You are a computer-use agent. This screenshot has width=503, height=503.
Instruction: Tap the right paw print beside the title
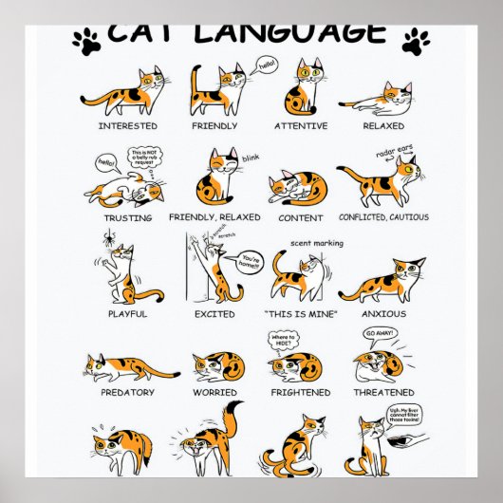pyautogui.click(x=416, y=42)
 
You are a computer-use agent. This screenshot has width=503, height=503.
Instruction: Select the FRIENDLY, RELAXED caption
pyautogui.click(x=214, y=217)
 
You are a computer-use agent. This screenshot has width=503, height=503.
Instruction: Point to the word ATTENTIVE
pyautogui.click(x=301, y=125)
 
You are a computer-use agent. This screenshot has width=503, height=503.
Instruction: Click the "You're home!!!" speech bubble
pyautogui.click(x=251, y=258)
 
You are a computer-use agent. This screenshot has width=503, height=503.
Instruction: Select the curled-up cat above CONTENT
pyautogui.click(x=298, y=188)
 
